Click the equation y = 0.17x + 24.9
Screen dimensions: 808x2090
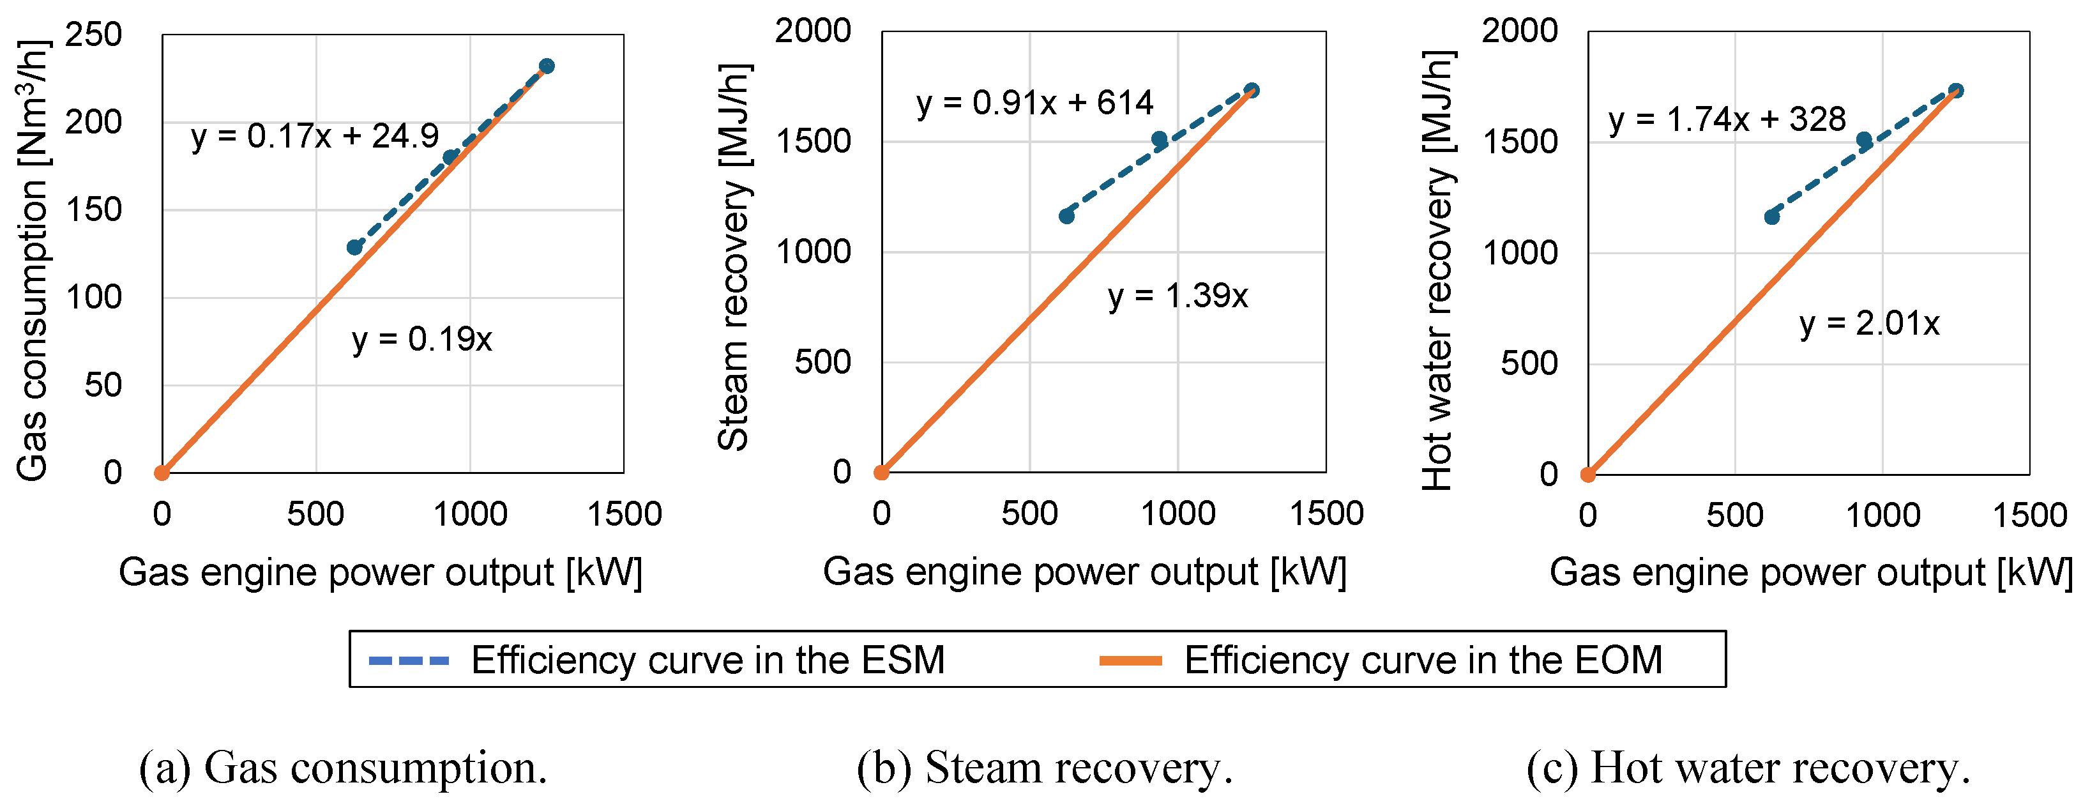tap(315, 136)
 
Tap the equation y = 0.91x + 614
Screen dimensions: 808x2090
tap(1034, 103)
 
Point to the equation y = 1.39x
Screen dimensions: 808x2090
tap(1178, 296)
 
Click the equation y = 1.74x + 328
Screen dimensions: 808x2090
tap(1727, 120)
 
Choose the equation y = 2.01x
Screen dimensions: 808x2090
tap(1868, 324)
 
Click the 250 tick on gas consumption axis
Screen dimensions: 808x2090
tap(93, 35)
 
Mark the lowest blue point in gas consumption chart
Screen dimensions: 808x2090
tap(354, 247)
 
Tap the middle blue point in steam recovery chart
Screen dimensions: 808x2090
tap(1160, 139)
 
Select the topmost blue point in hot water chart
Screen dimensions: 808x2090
tap(1955, 91)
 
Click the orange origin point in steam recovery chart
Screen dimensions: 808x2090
tap(882, 472)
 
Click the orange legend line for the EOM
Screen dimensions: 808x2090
tap(1130, 660)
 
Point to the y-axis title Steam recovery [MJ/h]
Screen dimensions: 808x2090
tap(734, 256)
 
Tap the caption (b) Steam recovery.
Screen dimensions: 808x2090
tap(1044, 767)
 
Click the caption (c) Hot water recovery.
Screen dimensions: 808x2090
tap(1748, 767)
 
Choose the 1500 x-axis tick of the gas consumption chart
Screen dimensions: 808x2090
tap(624, 514)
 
